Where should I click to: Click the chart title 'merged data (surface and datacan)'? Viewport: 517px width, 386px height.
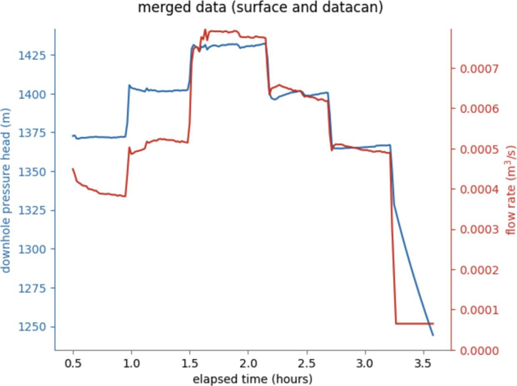point(261,7)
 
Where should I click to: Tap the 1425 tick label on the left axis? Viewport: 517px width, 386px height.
point(32,56)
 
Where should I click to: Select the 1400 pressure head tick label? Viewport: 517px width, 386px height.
point(32,94)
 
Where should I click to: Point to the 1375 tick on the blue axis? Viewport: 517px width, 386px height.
point(32,133)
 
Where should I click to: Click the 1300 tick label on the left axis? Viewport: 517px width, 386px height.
point(32,249)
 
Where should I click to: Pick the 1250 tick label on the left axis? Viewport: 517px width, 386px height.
point(32,327)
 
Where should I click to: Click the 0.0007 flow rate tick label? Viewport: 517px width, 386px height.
point(479,70)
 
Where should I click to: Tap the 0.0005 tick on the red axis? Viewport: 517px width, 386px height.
point(479,150)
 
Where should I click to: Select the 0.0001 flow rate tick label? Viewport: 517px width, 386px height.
point(479,310)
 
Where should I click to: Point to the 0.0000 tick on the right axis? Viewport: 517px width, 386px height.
point(479,351)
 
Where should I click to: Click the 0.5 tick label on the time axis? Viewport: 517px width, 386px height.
point(73,364)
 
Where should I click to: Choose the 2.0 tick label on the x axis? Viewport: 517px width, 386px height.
point(248,364)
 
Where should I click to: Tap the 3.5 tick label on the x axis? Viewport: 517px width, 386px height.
point(424,364)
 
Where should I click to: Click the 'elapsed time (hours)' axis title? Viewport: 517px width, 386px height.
point(252,379)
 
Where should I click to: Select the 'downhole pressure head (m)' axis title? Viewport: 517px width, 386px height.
point(6,191)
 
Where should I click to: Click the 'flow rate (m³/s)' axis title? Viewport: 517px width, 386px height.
point(510,190)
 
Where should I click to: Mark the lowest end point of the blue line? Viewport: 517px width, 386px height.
point(433,335)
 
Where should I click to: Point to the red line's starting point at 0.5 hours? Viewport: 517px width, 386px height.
point(73,168)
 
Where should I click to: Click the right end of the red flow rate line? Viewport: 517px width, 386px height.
point(433,324)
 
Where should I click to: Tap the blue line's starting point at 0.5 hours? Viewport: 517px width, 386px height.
point(73,136)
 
